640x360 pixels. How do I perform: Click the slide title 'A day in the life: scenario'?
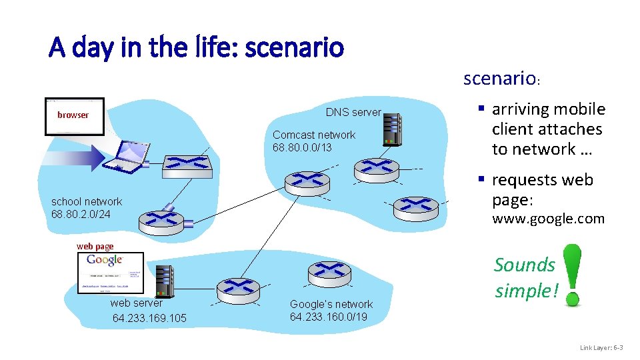(196, 48)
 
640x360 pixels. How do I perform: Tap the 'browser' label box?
(74, 115)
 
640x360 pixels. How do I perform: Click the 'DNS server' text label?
(353, 113)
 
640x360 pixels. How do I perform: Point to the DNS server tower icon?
(392, 129)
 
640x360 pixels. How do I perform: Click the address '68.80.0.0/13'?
(302, 147)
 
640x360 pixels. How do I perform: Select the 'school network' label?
(87, 201)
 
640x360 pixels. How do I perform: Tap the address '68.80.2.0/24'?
(81, 214)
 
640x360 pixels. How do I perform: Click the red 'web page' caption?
(95, 246)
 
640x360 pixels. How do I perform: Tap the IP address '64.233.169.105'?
(149, 318)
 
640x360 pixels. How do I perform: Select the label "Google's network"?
(331, 304)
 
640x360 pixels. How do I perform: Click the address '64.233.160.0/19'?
(329, 316)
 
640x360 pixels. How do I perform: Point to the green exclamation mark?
(571, 275)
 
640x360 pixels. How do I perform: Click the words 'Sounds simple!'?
(525, 278)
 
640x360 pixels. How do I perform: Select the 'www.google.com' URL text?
(548, 219)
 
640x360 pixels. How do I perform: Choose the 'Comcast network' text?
(314, 135)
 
